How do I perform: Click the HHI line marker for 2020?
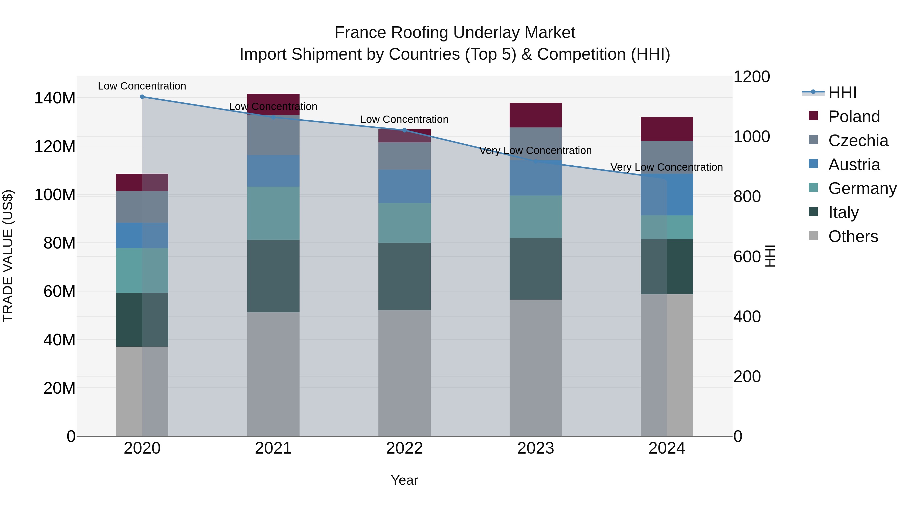pos(142,97)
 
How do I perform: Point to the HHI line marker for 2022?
pos(404,130)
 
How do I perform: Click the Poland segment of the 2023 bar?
pos(536,115)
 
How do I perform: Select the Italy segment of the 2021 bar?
pos(273,276)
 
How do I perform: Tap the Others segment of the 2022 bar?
pos(404,373)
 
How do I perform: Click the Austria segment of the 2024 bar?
pos(667,194)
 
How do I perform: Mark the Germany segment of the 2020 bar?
pos(142,270)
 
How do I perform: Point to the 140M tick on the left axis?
pos(55,98)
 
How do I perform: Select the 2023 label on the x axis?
pos(536,448)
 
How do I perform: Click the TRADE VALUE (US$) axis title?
pos(8,256)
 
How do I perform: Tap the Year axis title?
pos(404,480)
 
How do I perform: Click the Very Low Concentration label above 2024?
pos(667,167)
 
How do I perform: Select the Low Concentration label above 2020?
pos(142,86)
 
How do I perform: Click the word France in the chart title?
pos(357,33)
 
